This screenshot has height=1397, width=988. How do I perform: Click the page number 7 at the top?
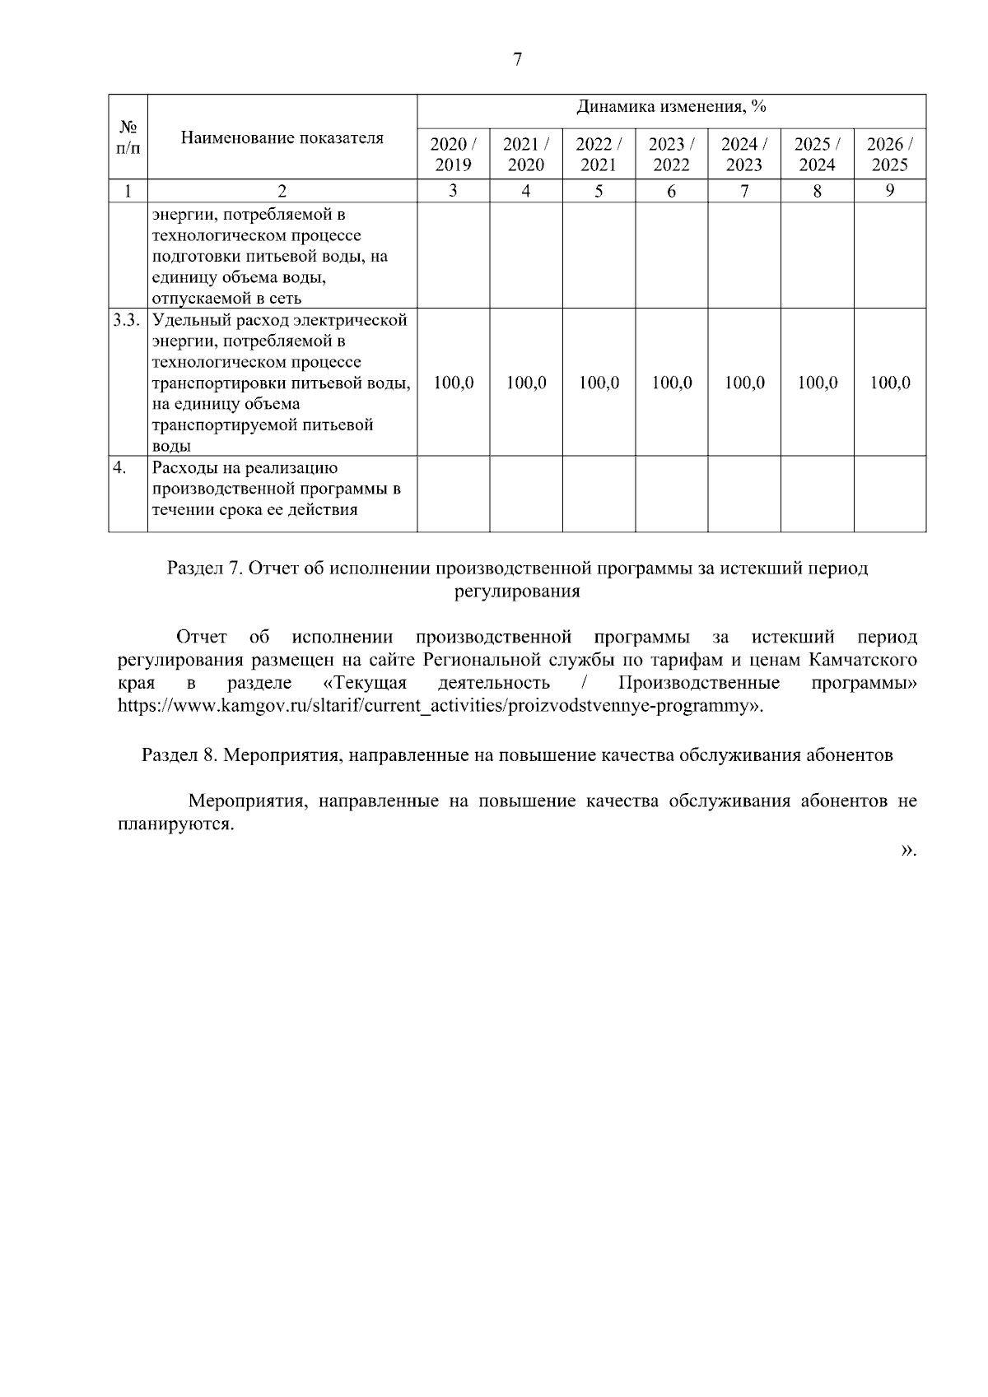click(517, 59)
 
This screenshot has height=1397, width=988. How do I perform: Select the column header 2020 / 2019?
click(453, 154)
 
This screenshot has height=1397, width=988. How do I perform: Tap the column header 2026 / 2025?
click(889, 154)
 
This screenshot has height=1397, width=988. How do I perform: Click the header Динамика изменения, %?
click(671, 107)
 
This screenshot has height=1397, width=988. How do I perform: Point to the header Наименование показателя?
click(282, 137)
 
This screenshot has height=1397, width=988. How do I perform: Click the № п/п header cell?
click(128, 137)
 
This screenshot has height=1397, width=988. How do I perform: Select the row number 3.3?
click(128, 319)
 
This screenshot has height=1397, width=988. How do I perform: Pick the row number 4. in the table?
click(120, 468)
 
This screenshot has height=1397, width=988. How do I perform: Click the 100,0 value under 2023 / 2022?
click(671, 383)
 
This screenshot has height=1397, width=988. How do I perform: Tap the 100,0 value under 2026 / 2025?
click(889, 383)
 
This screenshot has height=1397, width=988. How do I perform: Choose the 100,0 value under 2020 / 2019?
click(453, 383)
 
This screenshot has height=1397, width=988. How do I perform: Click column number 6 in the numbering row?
click(671, 191)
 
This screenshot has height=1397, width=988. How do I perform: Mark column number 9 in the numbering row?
click(889, 191)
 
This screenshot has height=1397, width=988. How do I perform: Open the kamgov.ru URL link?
click(436, 706)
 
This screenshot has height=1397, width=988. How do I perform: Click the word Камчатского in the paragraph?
click(864, 661)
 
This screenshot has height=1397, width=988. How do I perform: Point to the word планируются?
click(175, 824)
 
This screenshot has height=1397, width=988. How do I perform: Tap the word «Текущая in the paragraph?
click(366, 684)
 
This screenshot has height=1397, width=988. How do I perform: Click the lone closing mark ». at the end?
click(908, 850)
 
